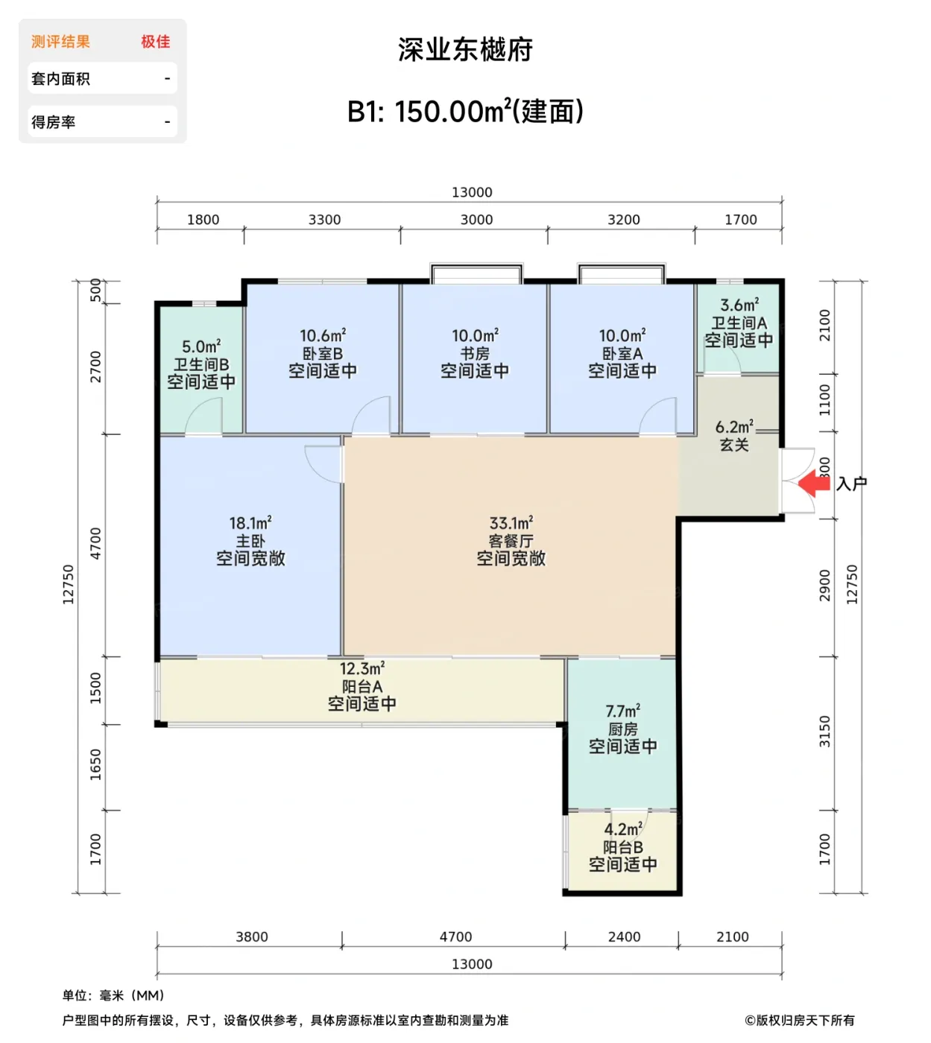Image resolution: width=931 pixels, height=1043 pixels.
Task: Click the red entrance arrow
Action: coord(814,484)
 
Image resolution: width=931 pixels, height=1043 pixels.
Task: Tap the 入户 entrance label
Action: coord(851,484)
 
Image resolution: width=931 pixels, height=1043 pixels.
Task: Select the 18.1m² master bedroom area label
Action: coord(250,523)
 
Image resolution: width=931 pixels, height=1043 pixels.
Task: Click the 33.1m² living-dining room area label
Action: coord(511,523)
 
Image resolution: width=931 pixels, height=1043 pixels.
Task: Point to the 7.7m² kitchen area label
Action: coord(622,711)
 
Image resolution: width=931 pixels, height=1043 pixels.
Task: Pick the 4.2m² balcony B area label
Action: coord(622,829)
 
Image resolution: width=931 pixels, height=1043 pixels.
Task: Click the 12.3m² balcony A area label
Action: coord(362,669)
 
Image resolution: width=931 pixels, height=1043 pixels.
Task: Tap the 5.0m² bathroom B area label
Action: coord(201,347)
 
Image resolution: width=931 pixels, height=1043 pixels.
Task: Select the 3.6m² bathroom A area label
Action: coord(739,305)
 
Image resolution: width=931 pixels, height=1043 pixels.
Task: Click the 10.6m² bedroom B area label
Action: coord(322,336)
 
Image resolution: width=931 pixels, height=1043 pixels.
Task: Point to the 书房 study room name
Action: coord(475,354)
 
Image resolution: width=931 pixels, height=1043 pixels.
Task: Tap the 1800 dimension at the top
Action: coord(203,220)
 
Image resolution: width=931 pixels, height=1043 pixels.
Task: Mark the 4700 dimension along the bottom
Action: coord(455,937)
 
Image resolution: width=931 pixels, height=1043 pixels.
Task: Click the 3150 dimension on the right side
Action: coord(824,732)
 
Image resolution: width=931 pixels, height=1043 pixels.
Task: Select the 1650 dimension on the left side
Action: coord(95,765)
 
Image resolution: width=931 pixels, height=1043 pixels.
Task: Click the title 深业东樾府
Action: coord(465,50)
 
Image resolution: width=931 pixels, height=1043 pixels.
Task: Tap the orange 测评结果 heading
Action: coord(60,42)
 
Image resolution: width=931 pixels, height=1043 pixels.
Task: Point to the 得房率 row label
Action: coord(53,122)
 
